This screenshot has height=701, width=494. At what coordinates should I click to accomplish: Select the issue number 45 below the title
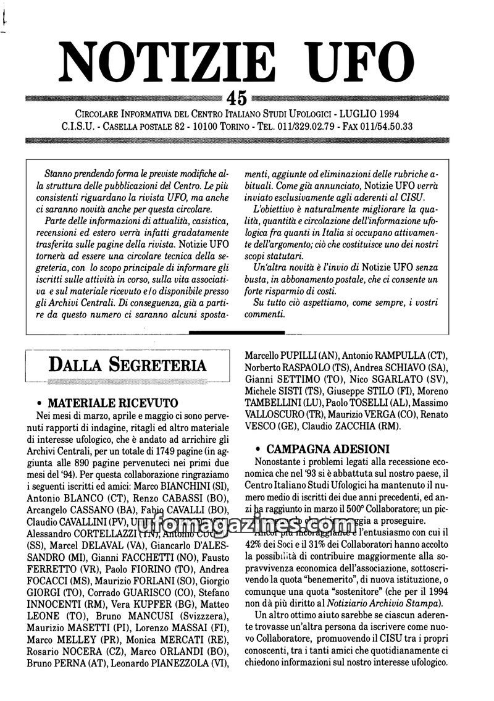(x=237, y=98)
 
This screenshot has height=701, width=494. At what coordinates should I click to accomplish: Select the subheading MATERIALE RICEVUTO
(x=113, y=405)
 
